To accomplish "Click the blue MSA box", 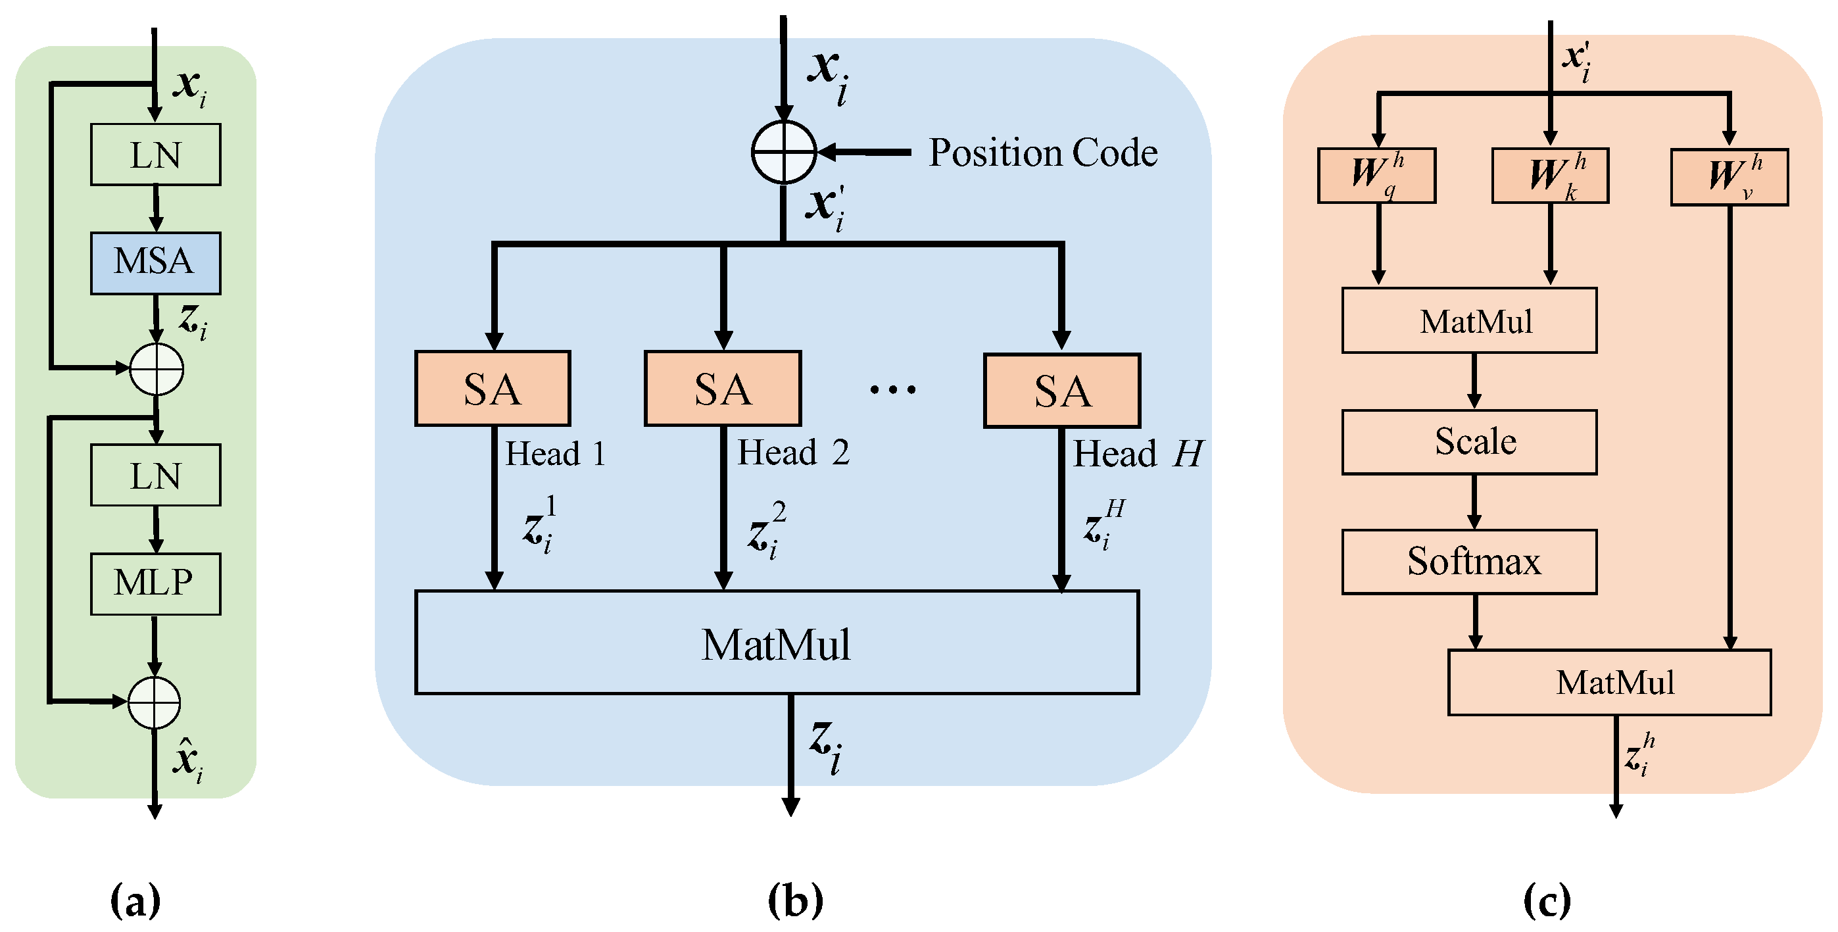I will click(x=156, y=262).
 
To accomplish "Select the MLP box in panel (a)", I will click(x=156, y=583).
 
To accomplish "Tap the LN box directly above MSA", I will click(x=156, y=155).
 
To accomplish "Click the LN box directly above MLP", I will click(x=156, y=476).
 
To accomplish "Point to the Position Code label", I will click(x=1042, y=153).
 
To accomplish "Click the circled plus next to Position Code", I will click(x=783, y=152).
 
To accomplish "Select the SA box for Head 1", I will click(x=493, y=389).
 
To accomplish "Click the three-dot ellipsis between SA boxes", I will click(x=892, y=389).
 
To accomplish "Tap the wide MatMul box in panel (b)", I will click(x=776, y=642).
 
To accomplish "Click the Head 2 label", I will click(x=792, y=453).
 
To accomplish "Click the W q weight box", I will click(x=1376, y=176).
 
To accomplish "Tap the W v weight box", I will click(x=1729, y=177).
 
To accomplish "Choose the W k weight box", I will click(x=1550, y=176).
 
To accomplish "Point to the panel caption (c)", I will click(x=1546, y=900).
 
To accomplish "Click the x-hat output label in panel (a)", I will click(x=187, y=761).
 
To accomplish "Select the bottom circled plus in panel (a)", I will click(x=154, y=703).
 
